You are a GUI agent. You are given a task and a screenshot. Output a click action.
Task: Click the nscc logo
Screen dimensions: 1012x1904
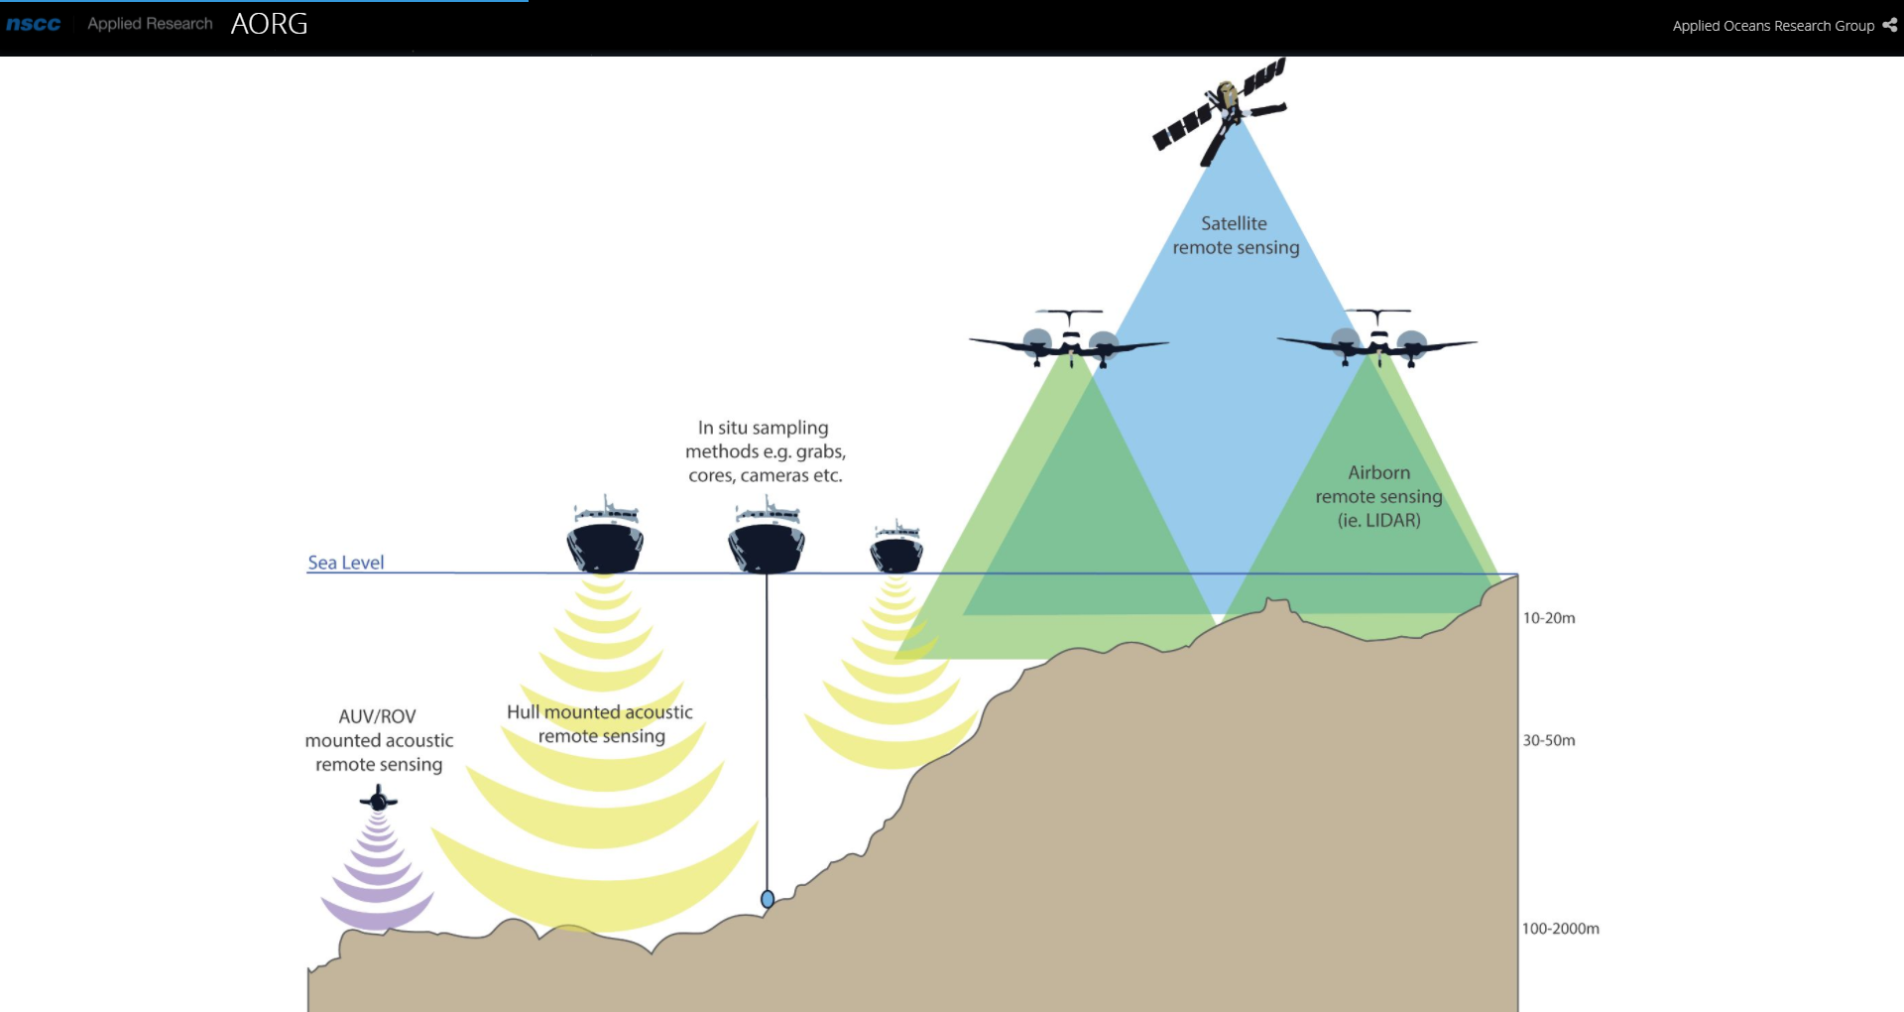click(x=34, y=24)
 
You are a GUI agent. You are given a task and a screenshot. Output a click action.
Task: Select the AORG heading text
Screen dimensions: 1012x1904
click(x=269, y=24)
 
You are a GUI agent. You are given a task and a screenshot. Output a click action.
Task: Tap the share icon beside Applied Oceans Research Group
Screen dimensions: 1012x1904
click(x=1889, y=25)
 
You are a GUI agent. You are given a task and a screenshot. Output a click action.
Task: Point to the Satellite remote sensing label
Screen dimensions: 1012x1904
click(x=1235, y=236)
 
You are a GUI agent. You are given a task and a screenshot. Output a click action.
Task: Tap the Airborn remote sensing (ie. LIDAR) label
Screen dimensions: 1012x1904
click(x=1378, y=496)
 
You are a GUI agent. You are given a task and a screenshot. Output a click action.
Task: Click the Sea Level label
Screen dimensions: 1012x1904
click(x=345, y=563)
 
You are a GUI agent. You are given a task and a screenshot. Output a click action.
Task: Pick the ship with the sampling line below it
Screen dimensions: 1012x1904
click(x=766, y=541)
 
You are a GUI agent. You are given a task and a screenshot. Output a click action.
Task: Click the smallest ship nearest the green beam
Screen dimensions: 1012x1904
click(x=896, y=548)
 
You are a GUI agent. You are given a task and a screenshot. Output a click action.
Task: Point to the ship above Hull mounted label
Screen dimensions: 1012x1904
click(x=605, y=541)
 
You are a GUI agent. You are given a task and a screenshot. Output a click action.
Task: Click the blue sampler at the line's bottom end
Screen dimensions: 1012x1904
click(x=767, y=899)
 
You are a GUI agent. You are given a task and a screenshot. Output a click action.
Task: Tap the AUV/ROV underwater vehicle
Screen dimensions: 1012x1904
click(x=378, y=799)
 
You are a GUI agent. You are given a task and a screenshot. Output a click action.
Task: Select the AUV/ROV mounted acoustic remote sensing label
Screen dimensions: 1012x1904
click(x=379, y=740)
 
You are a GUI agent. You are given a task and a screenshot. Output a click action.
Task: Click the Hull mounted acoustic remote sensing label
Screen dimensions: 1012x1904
click(x=600, y=724)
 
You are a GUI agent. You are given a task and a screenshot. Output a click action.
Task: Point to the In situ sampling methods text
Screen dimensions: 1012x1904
click(x=765, y=451)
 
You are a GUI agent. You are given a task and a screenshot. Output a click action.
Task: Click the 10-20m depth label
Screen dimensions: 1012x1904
click(x=1549, y=618)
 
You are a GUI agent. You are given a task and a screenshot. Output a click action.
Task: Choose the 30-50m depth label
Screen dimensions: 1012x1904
click(x=1549, y=740)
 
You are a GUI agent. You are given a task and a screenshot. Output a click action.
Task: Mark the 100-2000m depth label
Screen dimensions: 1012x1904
click(x=1560, y=929)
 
